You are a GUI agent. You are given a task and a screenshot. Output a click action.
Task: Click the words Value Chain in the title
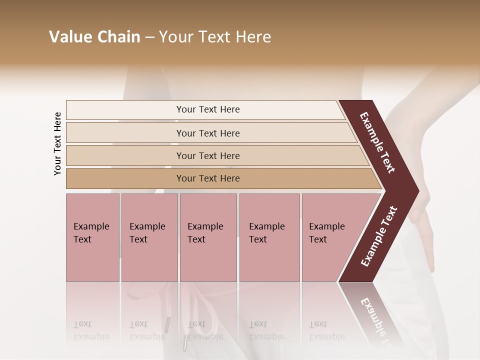[94, 37]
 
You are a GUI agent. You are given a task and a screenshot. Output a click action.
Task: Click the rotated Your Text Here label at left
[57, 143]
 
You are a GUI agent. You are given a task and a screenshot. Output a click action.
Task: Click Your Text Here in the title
[215, 37]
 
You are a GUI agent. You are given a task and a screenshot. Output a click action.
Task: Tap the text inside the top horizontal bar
[208, 109]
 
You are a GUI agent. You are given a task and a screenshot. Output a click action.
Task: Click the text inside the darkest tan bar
[208, 178]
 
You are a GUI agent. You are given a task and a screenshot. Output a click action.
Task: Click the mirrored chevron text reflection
[375, 315]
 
